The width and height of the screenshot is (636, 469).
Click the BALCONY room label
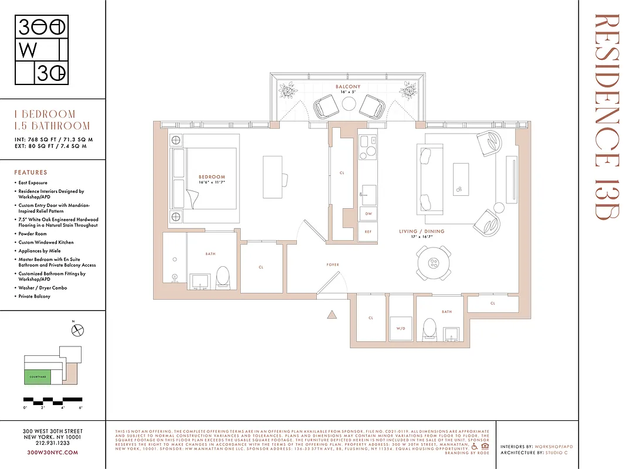pyautogui.click(x=349, y=87)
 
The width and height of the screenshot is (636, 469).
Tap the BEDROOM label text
pyautogui.click(x=211, y=177)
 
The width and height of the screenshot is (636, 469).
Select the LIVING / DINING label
pyautogui.click(x=422, y=232)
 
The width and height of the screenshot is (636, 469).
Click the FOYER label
pyautogui.click(x=333, y=265)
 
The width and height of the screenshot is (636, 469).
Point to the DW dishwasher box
pyautogui.click(x=368, y=215)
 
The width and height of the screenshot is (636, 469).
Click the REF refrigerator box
pyautogui.click(x=368, y=232)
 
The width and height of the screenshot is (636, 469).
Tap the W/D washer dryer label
pyautogui.click(x=401, y=328)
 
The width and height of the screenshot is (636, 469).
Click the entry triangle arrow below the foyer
pyautogui.click(x=331, y=315)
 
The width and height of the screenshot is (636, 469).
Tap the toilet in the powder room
pyautogui.click(x=430, y=329)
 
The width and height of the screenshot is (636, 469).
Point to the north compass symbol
pyautogui.click(x=77, y=331)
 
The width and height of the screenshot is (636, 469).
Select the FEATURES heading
pyautogui.click(x=31, y=173)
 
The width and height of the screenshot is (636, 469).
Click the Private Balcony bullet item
pyautogui.click(x=35, y=297)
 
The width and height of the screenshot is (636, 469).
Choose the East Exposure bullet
pyautogui.click(x=33, y=183)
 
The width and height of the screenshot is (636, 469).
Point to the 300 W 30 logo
pyautogui.click(x=42, y=50)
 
